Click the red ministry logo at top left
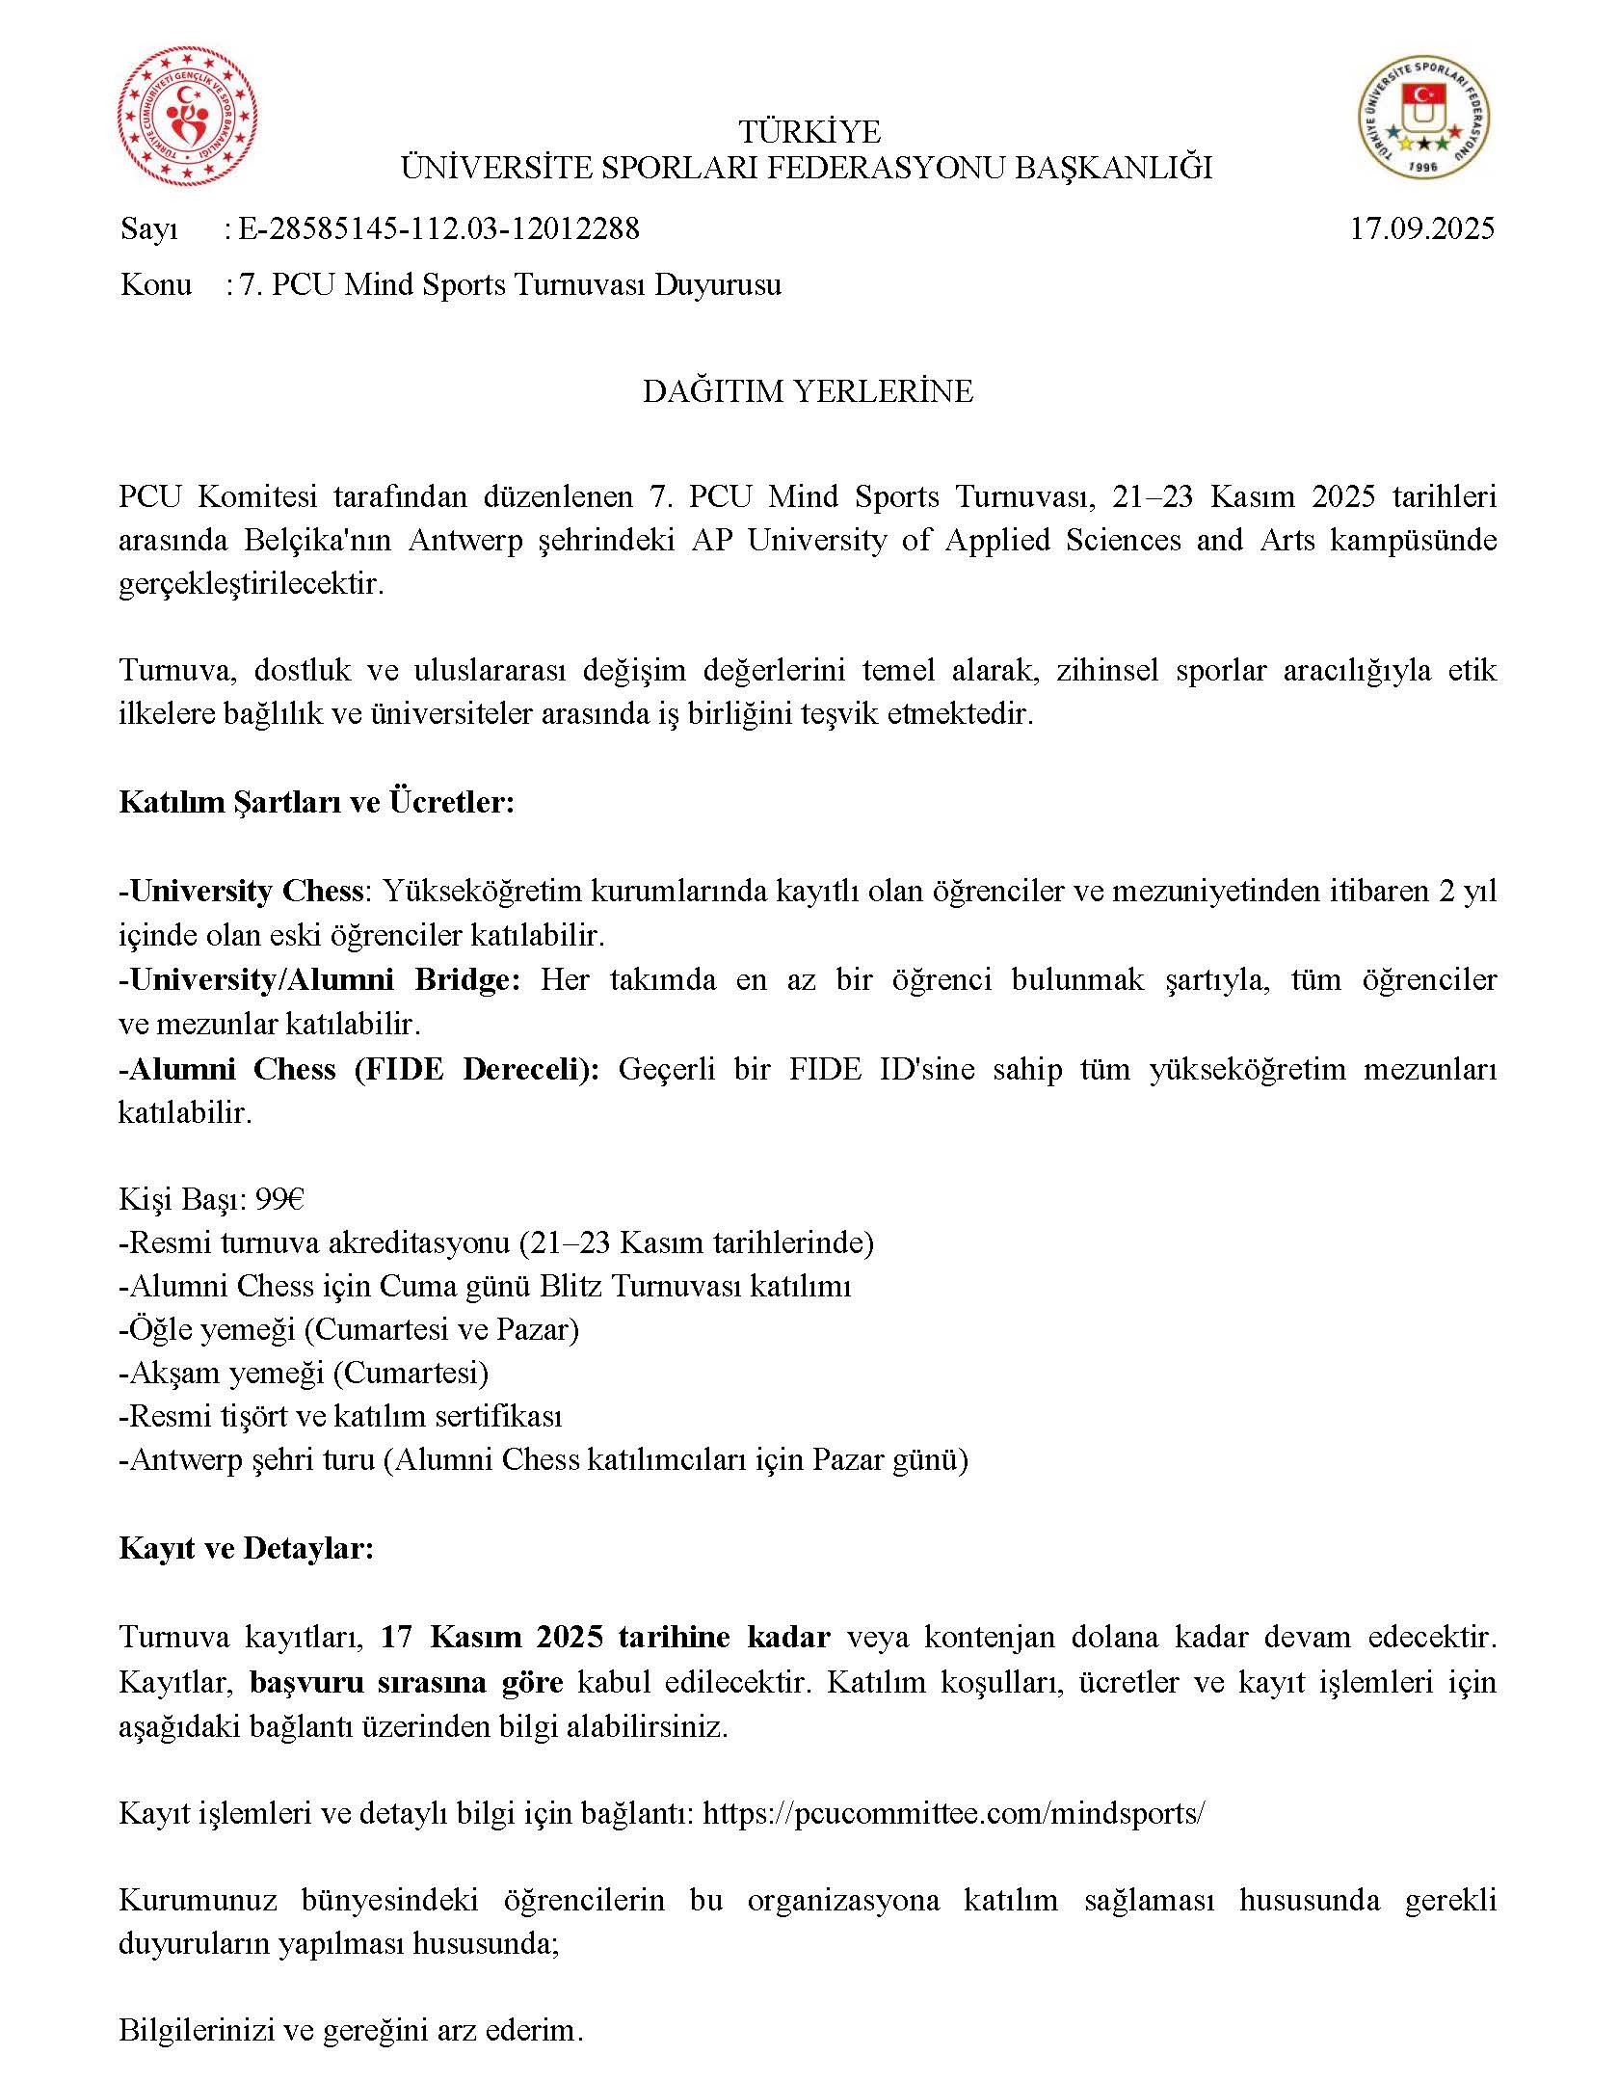point(188,118)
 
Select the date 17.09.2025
point(1422,228)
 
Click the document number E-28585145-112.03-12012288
point(438,228)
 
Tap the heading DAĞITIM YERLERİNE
point(808,391)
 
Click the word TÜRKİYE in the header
point(809,130)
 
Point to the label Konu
point(156,284)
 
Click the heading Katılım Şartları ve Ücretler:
point(317,802)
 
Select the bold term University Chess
point(245,891)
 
